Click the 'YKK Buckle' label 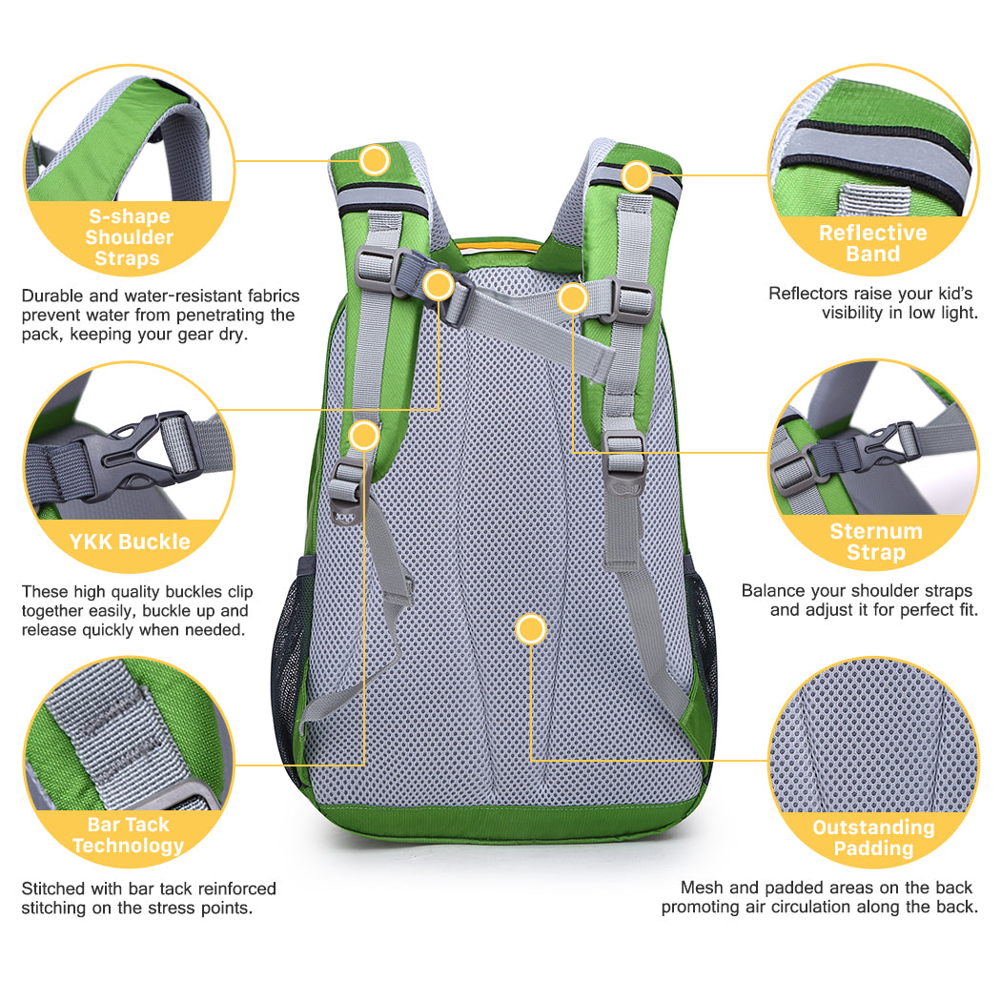coord(130,541)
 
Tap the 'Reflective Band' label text coord(872,243)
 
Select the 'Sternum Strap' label coord(876,541)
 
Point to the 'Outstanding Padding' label coord(873,838)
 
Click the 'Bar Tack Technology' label coord(129,835)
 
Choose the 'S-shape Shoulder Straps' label coord(129,236)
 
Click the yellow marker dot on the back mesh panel coord(530,629)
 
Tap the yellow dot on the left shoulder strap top coord(374,159)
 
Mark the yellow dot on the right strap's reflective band coord(637,175)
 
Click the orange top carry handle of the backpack coord(498,245)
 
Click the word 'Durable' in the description coord(52,296)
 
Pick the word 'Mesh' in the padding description coord(703,888)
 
